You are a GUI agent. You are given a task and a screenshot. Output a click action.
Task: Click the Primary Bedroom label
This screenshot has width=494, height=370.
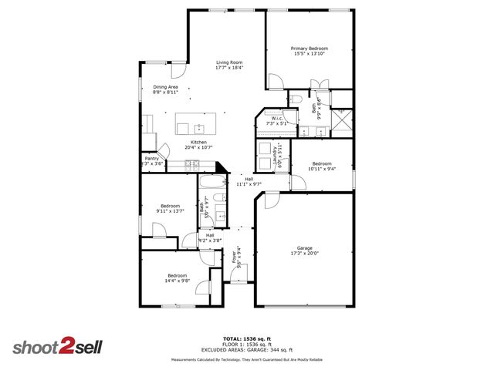[x=309, y=48]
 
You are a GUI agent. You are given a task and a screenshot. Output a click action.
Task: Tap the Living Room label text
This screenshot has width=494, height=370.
[x=229, y=62]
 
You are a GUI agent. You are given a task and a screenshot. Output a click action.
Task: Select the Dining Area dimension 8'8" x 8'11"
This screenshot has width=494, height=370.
[x=165, y=92]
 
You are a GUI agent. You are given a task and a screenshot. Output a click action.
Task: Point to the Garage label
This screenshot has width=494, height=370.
[x=305, y=248]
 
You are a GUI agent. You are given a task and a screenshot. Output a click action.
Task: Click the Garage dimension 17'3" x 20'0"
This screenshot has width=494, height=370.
[x=305, y=254]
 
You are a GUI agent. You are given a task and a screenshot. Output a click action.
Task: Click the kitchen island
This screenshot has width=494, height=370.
[x=199, y=124]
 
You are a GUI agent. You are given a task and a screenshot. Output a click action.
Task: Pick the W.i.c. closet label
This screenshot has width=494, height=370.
[x=276, y=118]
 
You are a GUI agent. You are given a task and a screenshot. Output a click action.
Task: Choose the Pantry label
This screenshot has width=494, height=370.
[x=151, y=158]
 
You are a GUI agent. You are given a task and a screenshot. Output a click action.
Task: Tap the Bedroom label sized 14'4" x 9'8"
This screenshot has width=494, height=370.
[x=177, y=275]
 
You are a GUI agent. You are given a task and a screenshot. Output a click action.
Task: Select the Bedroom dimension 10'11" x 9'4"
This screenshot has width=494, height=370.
[x=322, y=169]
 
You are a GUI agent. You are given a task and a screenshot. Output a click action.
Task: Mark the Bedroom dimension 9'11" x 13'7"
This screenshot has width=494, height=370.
[x=170, y=210]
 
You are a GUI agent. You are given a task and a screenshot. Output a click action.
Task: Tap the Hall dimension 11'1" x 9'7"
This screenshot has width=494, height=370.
[x=249, y=184]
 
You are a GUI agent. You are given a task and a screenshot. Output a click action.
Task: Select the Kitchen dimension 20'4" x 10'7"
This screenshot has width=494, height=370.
[x=198, y=146]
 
